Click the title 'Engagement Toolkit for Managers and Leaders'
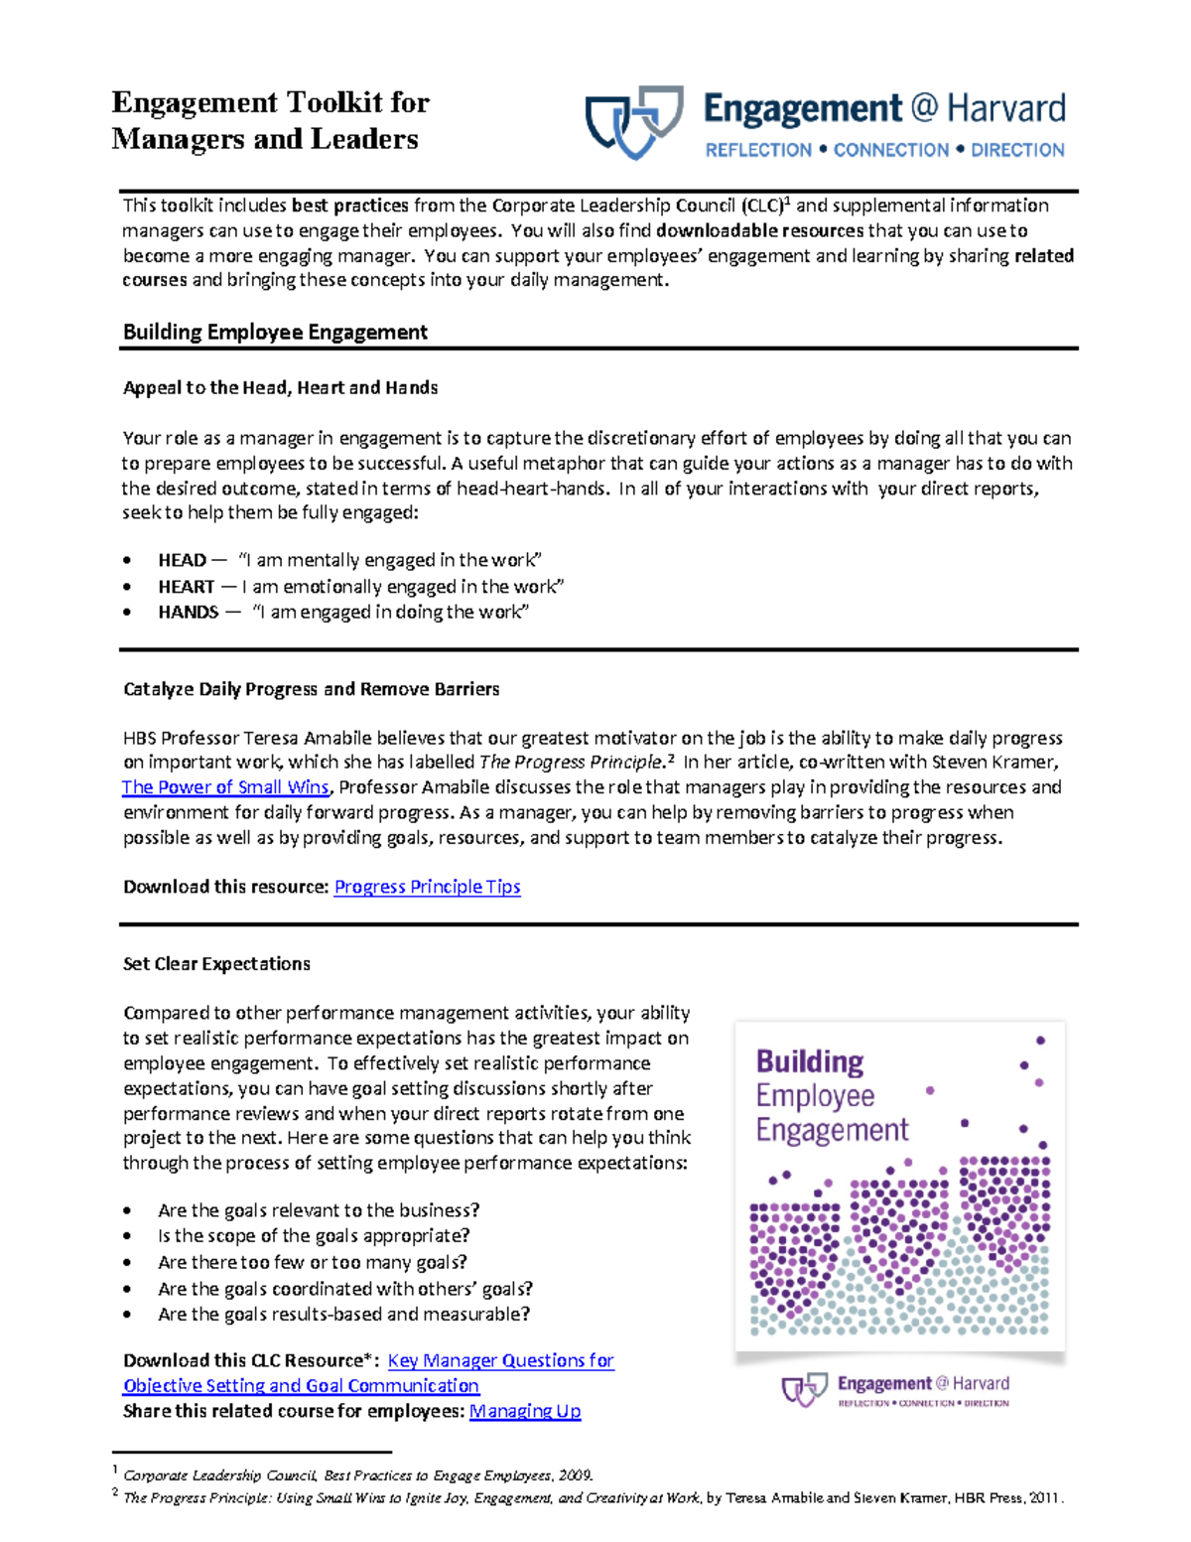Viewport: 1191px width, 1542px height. pos(270,120)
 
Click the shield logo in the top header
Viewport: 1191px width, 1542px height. pos(634,121)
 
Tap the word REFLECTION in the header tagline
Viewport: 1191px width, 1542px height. pos(758,150)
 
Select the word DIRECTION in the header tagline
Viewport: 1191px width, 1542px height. pos(1017,150)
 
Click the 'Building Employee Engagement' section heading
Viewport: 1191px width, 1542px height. pos(275,332)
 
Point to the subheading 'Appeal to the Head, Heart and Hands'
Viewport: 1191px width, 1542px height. pos(280,387)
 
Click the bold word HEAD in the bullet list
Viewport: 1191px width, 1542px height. pos(182,560)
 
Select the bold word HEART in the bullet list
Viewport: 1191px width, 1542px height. pos(186,587)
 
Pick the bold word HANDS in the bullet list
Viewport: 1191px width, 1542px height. pos(188,612)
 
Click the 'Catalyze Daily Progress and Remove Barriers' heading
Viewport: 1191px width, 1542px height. pos(311,689)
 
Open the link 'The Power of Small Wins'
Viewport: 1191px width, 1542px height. pos(225,787)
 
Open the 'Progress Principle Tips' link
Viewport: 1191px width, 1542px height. pos(427,887)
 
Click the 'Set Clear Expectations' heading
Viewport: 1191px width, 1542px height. pos(216,963)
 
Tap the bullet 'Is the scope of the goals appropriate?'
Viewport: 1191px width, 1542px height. pos(314,1236)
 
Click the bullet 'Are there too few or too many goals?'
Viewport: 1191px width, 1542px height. pos(312,1262)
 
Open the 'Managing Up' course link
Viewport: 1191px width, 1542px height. pos(524,1411)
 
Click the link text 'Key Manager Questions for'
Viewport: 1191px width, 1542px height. pos(500,1360)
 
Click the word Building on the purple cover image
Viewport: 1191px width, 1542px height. pos(810,1061)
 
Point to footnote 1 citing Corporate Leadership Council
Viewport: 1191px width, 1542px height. pos(357,1475)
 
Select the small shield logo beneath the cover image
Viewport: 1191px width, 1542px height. pos(804,1388)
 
